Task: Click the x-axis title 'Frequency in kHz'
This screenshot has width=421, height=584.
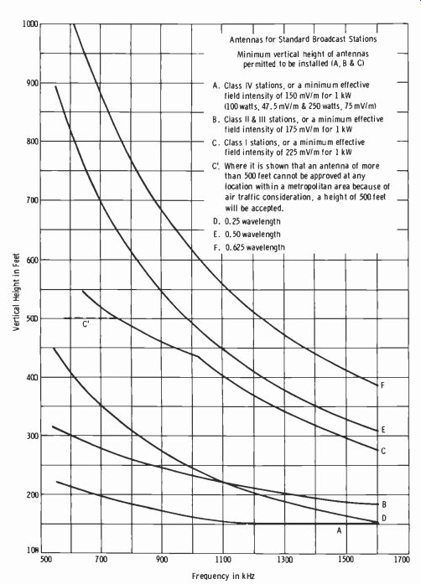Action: pos(223,576)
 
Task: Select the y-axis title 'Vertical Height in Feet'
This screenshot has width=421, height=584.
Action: pos(17,292)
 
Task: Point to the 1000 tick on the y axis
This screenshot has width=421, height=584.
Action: pos(30,23)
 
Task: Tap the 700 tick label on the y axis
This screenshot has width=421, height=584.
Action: pos(32,200)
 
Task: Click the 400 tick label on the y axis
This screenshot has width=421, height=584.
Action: pos(32,377)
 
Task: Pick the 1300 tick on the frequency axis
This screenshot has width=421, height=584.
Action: pos(285,560)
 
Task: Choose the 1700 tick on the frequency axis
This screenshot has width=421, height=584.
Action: pos(402,560)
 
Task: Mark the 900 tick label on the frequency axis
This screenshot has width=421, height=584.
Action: pos(162,560)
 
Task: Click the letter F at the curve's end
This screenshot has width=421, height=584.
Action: pos(382,385)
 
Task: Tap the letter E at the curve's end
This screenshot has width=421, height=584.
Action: pos(382,430)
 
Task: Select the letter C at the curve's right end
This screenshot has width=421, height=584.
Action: pos(383,451)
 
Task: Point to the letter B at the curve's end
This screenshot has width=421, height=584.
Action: pos(384,504)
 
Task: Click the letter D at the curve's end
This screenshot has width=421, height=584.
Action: pos(384,518)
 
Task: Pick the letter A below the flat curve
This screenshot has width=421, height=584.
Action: pos(339,530)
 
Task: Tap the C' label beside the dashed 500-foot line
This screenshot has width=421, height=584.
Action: pos(86,324)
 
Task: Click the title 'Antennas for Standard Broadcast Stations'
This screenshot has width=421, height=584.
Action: pos(303,39)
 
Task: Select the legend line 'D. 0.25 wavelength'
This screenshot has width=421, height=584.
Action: pos(247,221)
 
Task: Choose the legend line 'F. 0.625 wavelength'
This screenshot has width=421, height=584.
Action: pos(249,247)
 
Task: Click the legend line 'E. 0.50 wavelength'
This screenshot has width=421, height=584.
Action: pos(247,235)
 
